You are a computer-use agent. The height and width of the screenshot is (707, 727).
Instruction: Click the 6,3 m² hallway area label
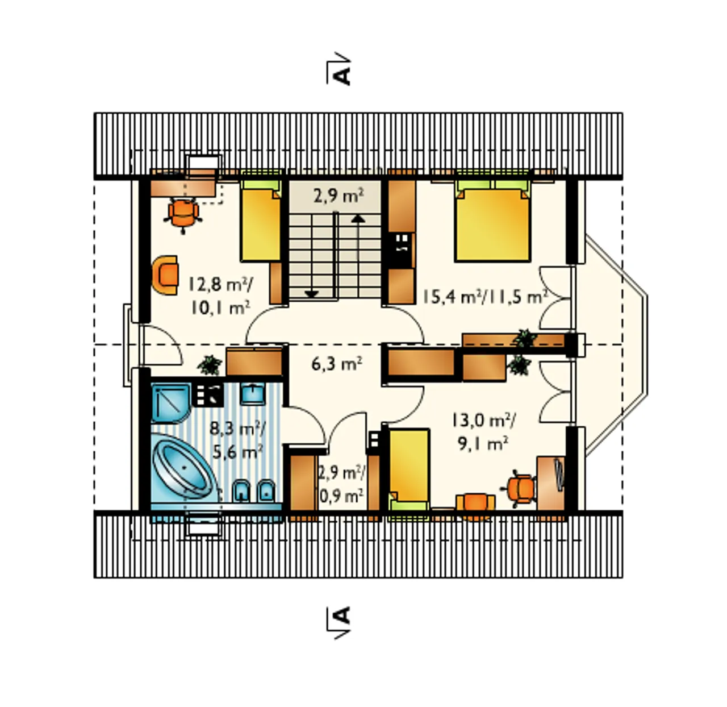(x=336, y=363)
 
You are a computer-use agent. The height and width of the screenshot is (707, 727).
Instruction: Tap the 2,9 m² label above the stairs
(x=338, y=196)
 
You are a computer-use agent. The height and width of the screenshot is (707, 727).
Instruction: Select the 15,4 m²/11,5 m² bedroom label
(x=485, y=297)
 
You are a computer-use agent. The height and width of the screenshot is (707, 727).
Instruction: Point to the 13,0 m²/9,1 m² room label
(x=483, y=432)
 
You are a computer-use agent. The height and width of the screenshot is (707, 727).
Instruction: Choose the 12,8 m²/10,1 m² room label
(x=220, y=296)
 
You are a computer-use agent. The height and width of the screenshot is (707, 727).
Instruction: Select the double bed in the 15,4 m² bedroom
(x=492, y=221)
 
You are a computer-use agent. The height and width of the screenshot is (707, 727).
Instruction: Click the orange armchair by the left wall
(x=165, y=275)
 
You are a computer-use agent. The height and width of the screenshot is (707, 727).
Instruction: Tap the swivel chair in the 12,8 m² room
(x=183, y=214)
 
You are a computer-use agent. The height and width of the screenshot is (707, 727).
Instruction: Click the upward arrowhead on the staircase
(x=358, y=219)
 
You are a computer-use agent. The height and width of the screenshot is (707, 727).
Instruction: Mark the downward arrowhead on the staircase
(x=312, y=294)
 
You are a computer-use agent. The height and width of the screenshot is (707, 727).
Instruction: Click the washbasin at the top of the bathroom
(x=253, y=393)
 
